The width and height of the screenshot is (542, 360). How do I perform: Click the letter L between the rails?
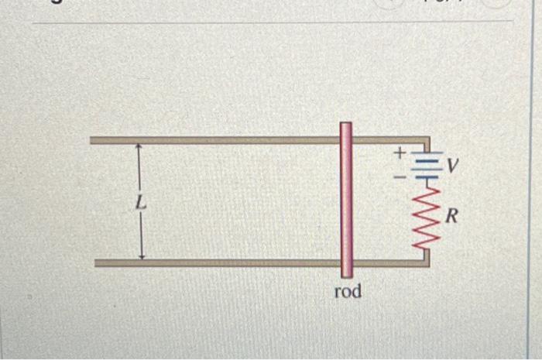coord(139,204)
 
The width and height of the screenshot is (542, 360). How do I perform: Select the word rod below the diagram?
coord(348,292)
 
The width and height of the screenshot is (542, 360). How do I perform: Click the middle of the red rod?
coord(346,201)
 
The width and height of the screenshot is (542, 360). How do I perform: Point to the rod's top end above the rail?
coord(346,128)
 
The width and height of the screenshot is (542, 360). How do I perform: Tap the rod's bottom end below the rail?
coord(346,272)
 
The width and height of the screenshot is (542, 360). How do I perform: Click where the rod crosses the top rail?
coord(346,140)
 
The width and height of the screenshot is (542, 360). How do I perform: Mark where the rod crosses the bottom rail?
coord(346,262)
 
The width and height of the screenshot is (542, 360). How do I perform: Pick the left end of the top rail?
coord(93,140)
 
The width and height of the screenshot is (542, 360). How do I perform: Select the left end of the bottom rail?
coord(98,263)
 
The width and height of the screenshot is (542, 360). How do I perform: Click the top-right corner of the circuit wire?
coord(426,141)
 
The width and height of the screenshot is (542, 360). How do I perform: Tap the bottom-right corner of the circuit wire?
coord(426,262)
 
